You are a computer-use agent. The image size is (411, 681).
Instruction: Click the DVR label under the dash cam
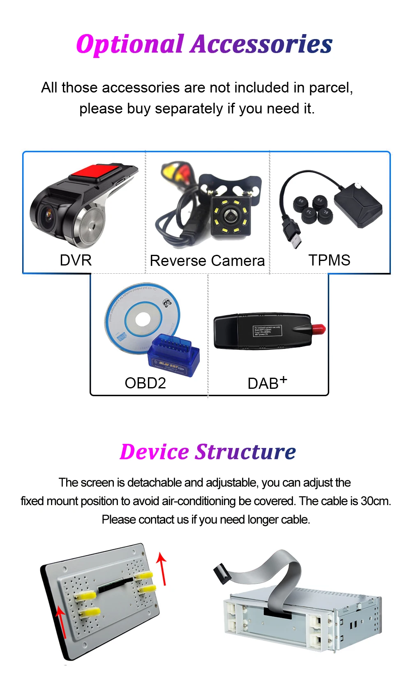pos(76,260)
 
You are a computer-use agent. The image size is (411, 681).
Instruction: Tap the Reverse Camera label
pos(207,261)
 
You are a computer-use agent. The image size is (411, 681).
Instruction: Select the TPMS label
pos(329,260)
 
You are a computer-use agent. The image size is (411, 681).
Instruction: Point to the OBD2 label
pos(145,383)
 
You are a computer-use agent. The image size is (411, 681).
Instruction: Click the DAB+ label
pos(267,383)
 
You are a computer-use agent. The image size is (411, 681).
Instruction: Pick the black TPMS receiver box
pos(358,205)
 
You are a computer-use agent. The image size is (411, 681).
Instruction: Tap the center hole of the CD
pos(143,319)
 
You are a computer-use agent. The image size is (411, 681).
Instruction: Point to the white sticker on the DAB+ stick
pos(267,331)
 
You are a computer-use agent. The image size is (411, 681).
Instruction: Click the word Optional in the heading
pos(130,44)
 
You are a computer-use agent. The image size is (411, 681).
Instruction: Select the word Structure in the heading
pos(245,452)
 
